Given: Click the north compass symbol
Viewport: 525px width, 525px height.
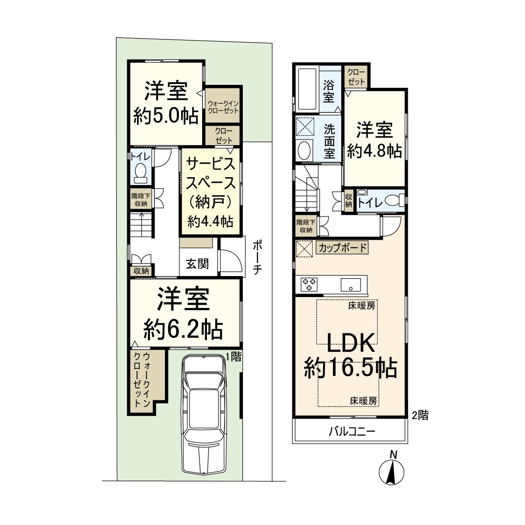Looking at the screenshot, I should [x=391, y=471].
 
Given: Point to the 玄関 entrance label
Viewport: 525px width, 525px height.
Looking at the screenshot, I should [x=197, y=264].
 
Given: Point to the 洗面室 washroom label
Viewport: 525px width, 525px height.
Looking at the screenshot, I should [x=329, y=142].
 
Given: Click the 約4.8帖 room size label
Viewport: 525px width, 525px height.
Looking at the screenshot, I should [x=374, y=151].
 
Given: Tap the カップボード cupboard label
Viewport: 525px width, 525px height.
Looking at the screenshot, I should [x=342, y=248].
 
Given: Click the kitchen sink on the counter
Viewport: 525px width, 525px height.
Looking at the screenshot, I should [x=351, y=285].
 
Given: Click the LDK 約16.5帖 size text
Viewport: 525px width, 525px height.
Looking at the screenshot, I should [x=350, y=368].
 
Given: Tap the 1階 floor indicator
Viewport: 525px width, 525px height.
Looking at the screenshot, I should [x=233, y=357].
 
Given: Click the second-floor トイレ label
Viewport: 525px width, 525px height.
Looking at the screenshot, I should [x=371, y=202].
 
